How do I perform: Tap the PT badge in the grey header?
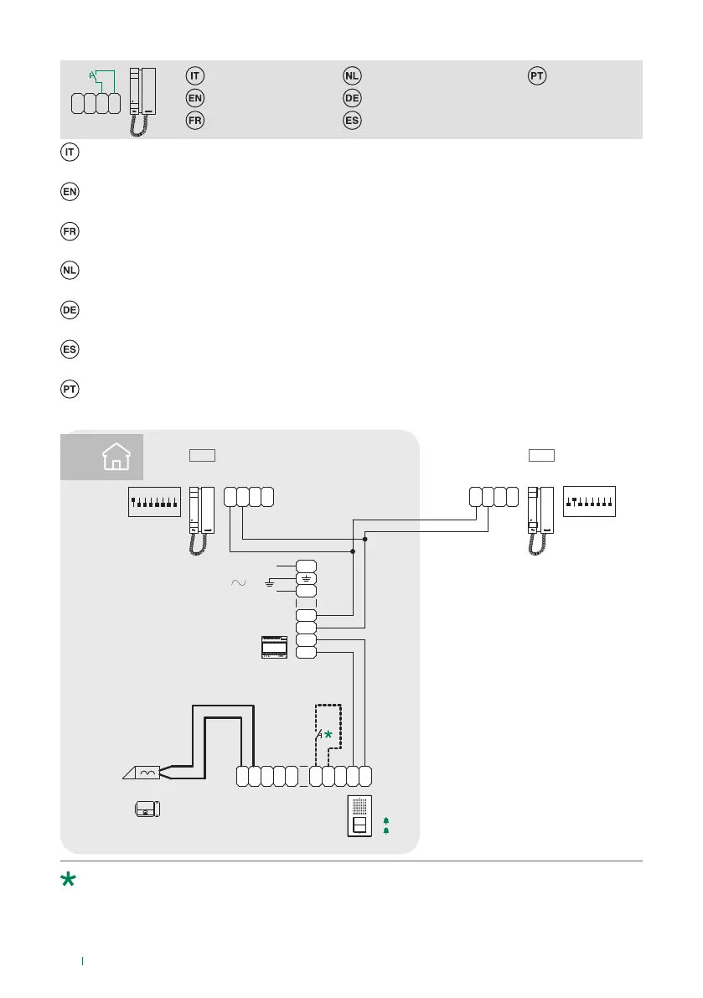click(x=537, y=76)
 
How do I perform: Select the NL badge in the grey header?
click(x=352, y=76)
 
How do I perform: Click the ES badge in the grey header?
click(x=352, y=120)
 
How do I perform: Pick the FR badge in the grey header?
click(x=194, y=120)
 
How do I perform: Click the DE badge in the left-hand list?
click(x=70, y=310)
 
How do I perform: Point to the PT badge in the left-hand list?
click(x=70, y=390)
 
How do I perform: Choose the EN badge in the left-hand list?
click(x=70, y=192)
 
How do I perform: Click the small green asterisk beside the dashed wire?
click(x=328, y=734)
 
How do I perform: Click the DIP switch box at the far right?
click(x=590, y=501)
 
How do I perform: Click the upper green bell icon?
click(x=385, y=820)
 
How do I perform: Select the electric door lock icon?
click(x=148, y=809)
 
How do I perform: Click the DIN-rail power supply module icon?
click(x=274, y=646)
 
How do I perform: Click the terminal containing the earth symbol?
click(x=306, y=578)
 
